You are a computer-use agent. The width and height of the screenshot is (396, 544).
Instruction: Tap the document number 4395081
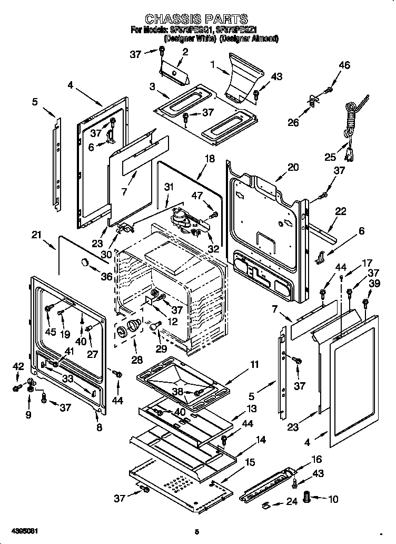point(23,531)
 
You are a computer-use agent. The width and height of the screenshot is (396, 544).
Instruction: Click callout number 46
point(344,65)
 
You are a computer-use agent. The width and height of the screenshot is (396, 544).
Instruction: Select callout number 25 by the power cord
point(330,158)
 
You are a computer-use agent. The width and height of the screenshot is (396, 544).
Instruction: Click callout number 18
point(210,158)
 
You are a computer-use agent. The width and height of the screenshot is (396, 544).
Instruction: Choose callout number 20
point(293,167)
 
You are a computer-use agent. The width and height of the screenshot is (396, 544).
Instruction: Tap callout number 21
point(36,235)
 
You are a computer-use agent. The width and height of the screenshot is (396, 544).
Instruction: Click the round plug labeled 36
point(84,262)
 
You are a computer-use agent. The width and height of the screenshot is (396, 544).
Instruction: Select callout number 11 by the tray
point(255,365)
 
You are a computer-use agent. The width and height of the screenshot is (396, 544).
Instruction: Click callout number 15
point(251,462)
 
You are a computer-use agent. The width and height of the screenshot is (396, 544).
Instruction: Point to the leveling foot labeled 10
point(309,497)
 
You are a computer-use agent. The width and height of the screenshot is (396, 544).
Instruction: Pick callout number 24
point(291,502)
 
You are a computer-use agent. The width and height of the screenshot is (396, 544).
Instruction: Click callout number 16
point(316,460)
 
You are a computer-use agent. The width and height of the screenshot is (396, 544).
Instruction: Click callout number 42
point(18,366)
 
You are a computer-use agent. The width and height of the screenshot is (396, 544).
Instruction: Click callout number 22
point(341,211)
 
